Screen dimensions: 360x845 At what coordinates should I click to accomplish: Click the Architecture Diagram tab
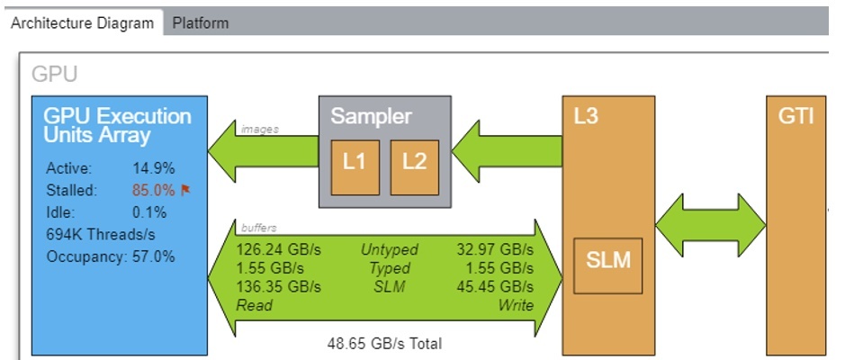(x=82, y=23)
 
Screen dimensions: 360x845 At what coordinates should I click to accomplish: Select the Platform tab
(x=200, y=23)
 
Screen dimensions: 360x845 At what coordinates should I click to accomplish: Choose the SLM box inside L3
(x=608, y=262)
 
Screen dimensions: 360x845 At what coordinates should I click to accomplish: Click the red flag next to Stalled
(x=187, y=191)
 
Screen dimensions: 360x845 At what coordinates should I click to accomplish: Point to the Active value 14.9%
(x=153, y=168)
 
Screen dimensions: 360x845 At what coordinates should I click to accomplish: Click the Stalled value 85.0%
(x=153, y=191)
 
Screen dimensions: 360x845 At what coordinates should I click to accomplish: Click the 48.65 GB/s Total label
(x=384, y=344)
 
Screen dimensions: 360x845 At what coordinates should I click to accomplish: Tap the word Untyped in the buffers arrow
(x=385, y=249)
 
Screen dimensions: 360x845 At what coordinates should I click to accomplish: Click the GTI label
(x=796, y=118)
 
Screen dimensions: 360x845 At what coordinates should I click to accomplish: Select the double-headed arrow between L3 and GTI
(x=710, y=220)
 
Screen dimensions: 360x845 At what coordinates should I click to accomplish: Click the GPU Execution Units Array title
(x=118, y=126)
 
